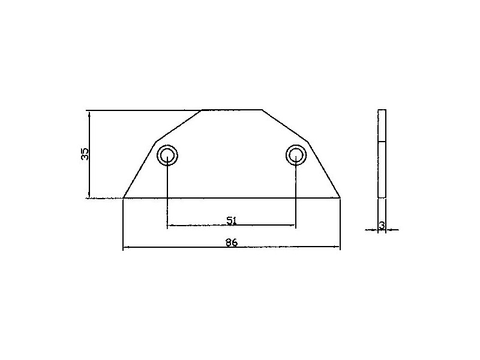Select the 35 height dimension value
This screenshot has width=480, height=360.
pyautogui.click(x=85, y=154)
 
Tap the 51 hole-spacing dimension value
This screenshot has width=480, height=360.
pyautogui.click(x=232, y=220)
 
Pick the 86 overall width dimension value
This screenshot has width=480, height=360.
pyautogui.click(x=232, y=242)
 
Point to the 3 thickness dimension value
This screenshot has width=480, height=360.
pyautogui.click(x=382, y=226)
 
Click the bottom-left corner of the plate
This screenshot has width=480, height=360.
pyautogui.click(x=123, y=198)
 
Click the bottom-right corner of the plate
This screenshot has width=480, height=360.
pyautogui.click(x=340, y=198)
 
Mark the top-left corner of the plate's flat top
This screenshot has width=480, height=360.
pyautogui.click(x=202, y=110)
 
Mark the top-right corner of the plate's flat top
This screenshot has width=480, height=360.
pyautogui.click(x=262, y=110)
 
